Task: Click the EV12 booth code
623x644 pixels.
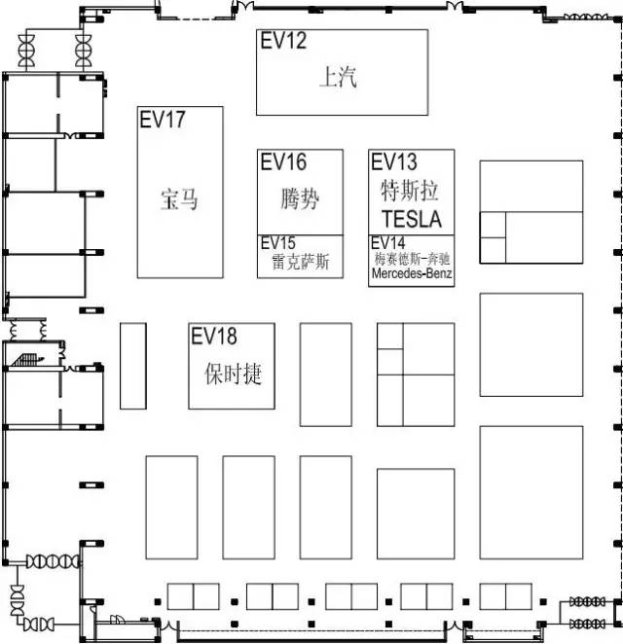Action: tap(283, 41)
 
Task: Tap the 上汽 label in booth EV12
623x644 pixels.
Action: tap(338, 77)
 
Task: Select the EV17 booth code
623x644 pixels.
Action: tap(163, 120)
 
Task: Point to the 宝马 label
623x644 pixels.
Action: tap(179, 199)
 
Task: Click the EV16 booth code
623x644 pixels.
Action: tap(283, 161)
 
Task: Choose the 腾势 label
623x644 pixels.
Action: tap(301, 198)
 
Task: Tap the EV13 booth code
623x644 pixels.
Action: tap(394, 161)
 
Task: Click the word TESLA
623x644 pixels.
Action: tap(412, 219)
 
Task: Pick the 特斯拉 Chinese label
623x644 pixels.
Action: tap(410, 191)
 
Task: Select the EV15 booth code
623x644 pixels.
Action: tap(278, 243)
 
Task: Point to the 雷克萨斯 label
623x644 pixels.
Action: tap(301, 262)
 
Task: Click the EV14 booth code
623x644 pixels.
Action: tap(388, 243)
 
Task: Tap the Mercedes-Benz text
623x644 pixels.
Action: tap(412, 273)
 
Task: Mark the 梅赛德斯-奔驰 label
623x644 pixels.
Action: tap(412, 259)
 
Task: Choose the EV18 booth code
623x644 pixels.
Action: tap(214, 336)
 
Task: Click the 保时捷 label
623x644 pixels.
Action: tap(233, 374)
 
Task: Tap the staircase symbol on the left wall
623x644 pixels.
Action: tap(27, 360)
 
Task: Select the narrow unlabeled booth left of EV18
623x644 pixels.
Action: tap(133, 366)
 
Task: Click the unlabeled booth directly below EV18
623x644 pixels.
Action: tap(248, 507)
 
